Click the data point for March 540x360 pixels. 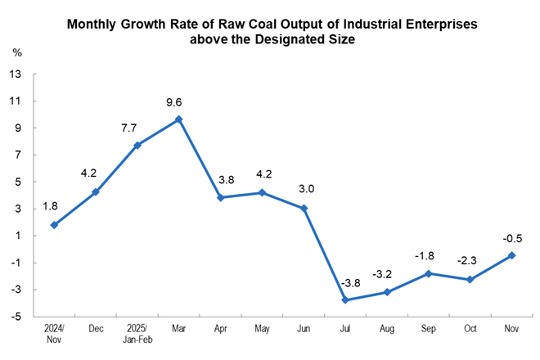pos(179,119)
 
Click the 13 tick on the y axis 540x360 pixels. pos(16,74)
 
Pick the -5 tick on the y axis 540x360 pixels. pos(16,317)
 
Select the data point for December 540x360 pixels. pos(96,192)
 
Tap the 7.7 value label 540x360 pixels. pos(133,128)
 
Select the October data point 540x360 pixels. pos(470,280)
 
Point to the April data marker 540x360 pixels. pos(220,197)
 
